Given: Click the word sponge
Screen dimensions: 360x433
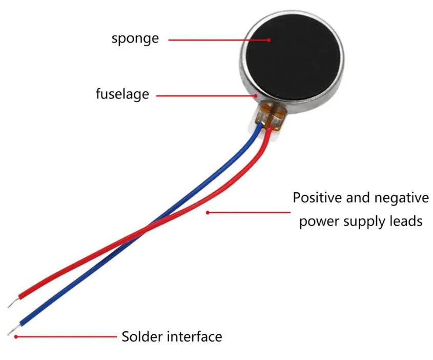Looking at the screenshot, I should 135,39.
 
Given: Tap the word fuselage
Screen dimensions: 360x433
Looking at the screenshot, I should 122,94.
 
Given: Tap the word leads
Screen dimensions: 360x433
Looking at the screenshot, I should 408,221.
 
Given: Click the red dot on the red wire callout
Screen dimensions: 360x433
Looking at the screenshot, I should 208,212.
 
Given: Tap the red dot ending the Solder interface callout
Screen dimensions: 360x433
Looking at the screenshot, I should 16,336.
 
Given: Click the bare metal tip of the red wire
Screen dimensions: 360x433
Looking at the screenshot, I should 13,303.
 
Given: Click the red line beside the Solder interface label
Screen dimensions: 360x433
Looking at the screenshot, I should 67,336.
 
